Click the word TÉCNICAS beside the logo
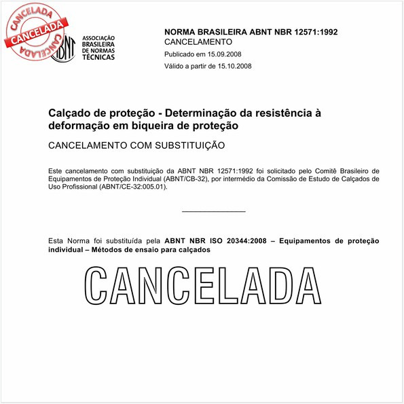pyautogui.click(x=98, y=57)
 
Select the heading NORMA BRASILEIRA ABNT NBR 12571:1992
pyautogui.click(x=251, y=32)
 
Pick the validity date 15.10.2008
pyautogui.click(x=233, y=66)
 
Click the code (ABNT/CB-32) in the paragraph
pyautogui.click(x=186, y=179)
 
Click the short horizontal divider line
pyautogui.click(x=214, y=211)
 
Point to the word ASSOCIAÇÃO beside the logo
pyautogui.click(x=98, y=38)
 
